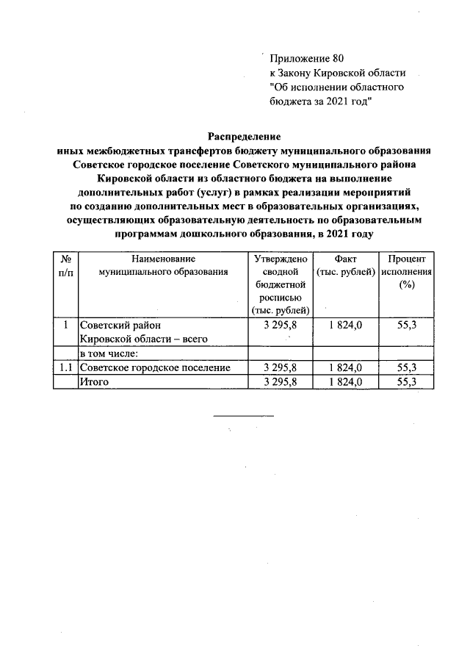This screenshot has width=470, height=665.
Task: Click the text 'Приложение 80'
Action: click(x=306, y=58)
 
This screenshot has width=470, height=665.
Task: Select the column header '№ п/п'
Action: click(x=65, y=265)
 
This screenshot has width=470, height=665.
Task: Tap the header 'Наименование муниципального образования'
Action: click(x=163, y=265)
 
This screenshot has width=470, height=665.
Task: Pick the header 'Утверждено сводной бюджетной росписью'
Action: click(x=281, y=284)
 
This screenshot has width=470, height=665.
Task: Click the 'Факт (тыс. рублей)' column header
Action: click(x=344, y=265)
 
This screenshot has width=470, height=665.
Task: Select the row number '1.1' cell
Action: click(x=65, y=367)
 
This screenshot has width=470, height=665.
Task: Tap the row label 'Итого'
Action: click(x=95, y=381)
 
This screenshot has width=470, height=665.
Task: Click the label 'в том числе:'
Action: click(x=109, y=353)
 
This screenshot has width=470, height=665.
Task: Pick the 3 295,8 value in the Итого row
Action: click(x=281, y=381)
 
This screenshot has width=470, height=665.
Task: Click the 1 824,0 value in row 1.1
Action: click(x=344, y=367)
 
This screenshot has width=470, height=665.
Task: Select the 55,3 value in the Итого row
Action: click(x=406, y=381)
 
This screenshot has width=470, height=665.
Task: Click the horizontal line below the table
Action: click(x=243, y=416)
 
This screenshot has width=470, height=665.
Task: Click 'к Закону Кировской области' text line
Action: click(x=337, y=73)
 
